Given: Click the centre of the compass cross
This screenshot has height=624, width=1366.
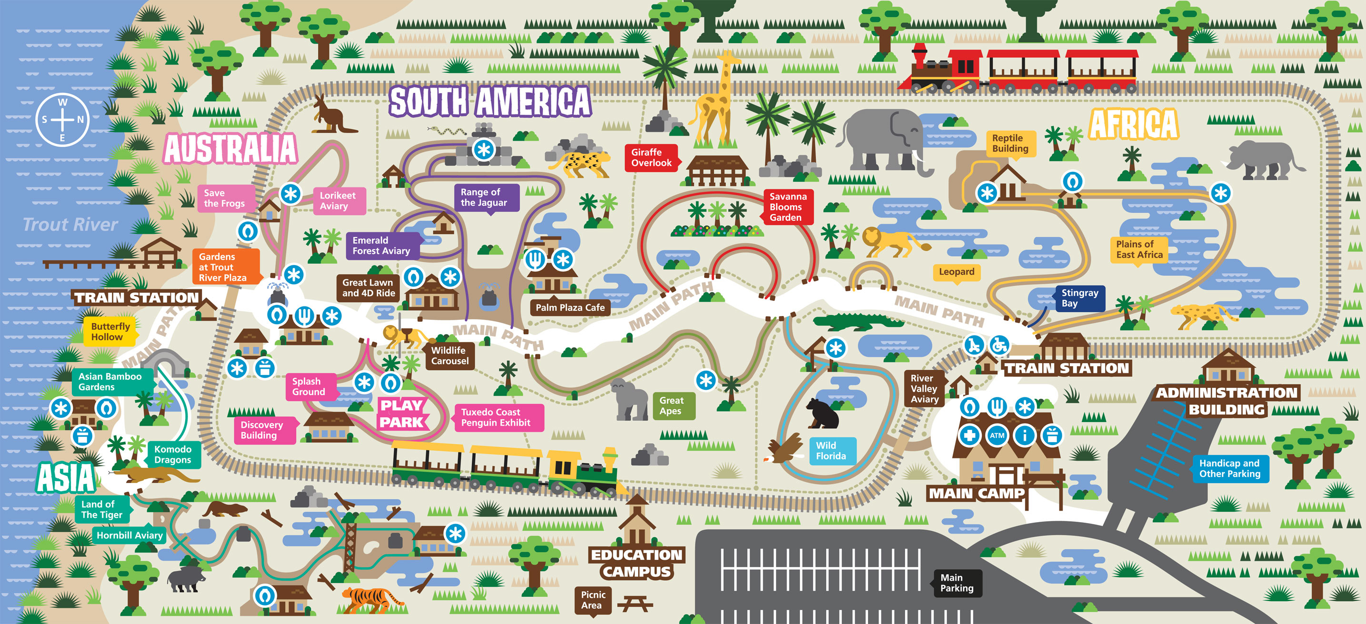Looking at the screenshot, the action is (62, 120).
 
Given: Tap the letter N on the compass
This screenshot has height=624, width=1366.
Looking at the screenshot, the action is (80, 120).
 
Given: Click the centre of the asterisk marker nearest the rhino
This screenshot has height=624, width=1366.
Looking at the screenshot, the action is (1220, 192).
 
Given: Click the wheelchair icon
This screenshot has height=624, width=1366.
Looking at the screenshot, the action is (999, 345).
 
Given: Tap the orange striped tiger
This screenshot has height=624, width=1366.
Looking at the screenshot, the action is (372, 600).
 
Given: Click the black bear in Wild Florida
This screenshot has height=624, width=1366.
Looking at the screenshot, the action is (822, 414).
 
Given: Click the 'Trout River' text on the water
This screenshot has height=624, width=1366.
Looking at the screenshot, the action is (70, 224).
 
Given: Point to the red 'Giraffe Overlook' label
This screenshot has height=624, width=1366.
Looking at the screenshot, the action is (651, 158).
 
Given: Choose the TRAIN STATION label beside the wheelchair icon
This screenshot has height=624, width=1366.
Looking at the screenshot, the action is (1067, 368).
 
